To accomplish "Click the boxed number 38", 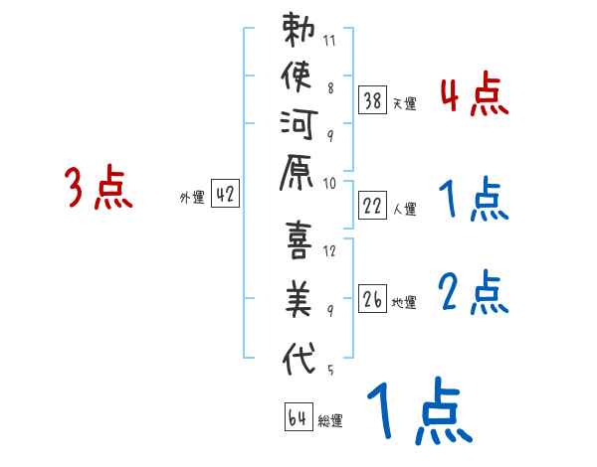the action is pos(373,99).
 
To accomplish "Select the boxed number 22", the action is pos(373,206).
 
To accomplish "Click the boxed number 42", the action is pos(224,195).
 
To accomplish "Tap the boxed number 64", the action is pos(297,418).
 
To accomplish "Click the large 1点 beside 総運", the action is pos(418,409).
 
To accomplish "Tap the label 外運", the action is pos(191,197).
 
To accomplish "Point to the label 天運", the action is pos(404,102).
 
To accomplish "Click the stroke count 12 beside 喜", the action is pos(329,250).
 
